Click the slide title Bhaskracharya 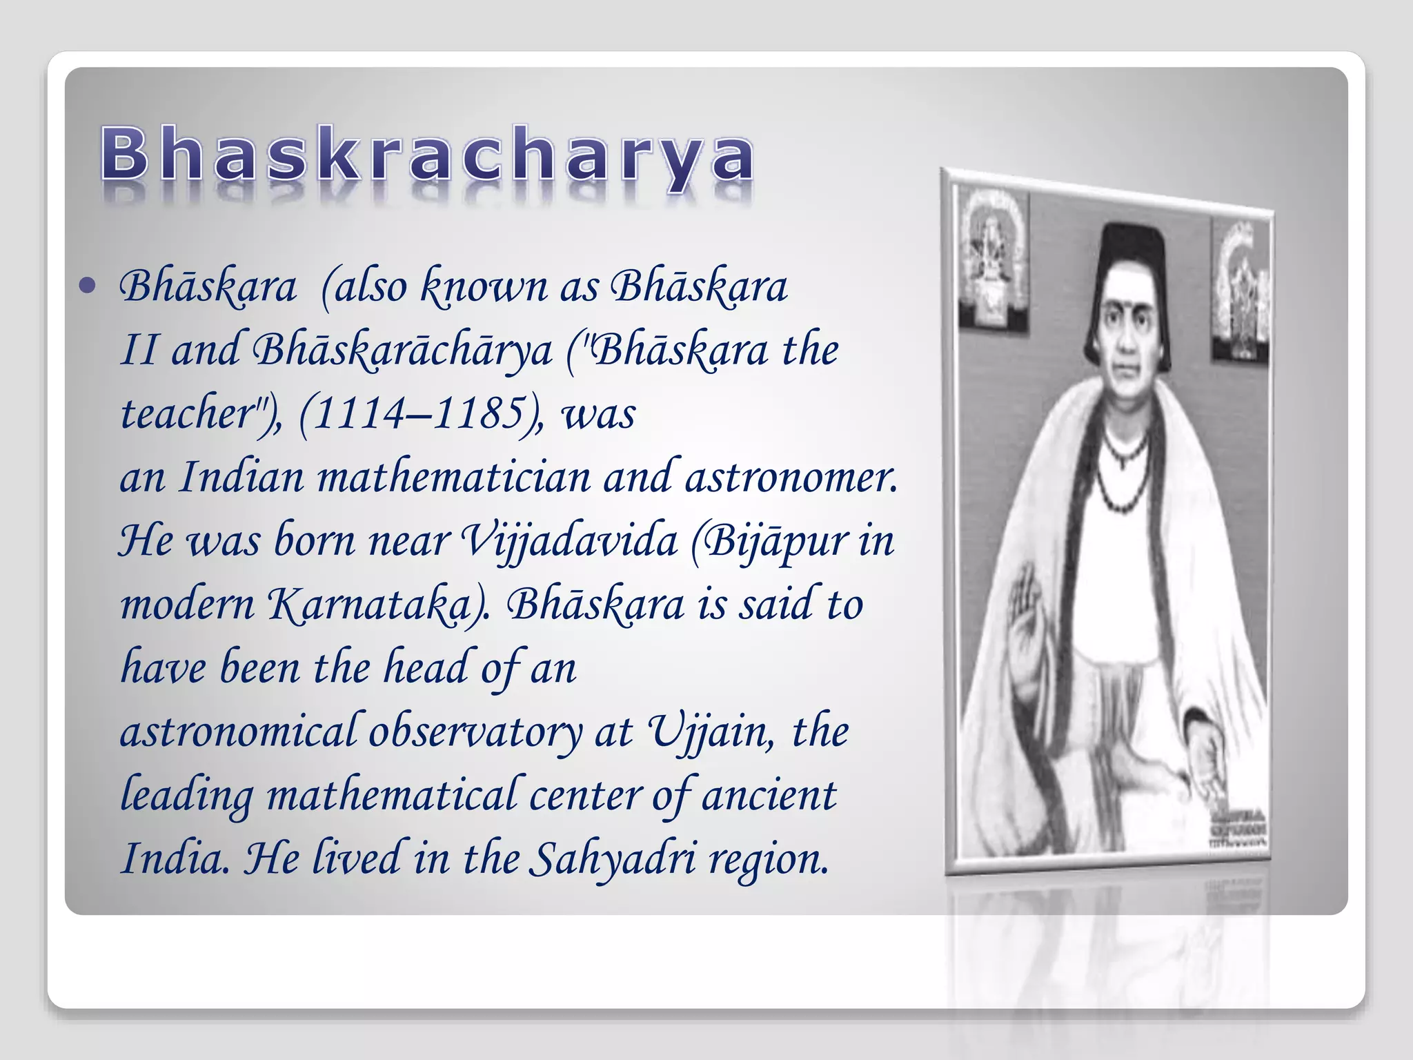click(428, 155)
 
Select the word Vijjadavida click(568, 541)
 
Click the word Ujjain click(709, 732)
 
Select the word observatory click(475, 732)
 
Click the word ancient click(769, 795)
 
